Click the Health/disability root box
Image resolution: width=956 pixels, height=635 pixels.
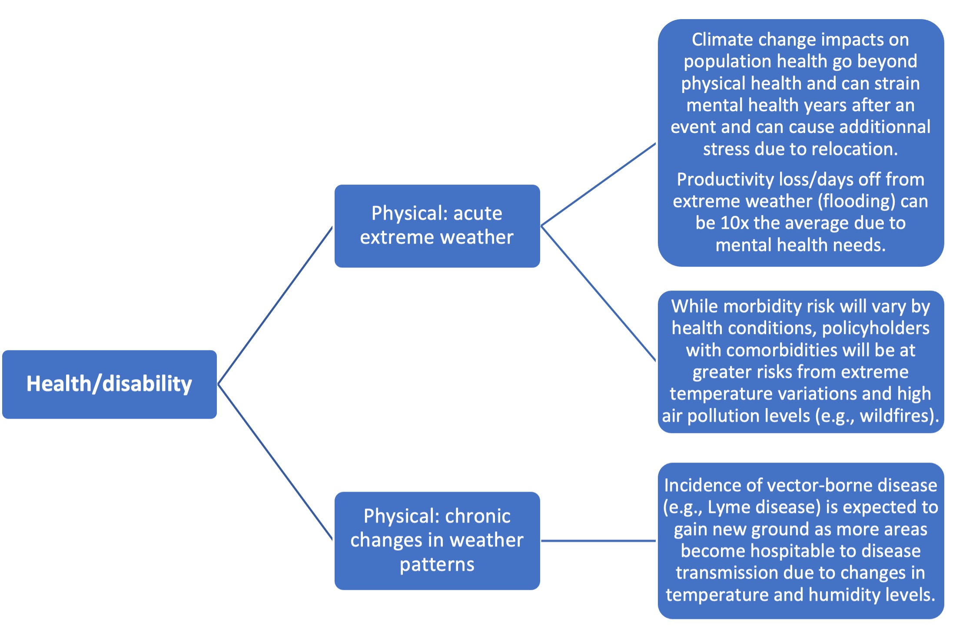click(110, 384)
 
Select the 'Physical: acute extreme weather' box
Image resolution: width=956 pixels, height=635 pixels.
click(437, 226)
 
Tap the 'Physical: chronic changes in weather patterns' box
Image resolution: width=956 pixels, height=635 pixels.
click(437, 541)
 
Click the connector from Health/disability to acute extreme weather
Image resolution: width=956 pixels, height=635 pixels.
click(275, 305)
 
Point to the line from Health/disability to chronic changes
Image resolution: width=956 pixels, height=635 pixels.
click(275, 462)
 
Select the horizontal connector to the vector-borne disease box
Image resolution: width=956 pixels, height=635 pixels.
click(598, 541)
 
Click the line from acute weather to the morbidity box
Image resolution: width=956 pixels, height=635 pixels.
click(598, 293)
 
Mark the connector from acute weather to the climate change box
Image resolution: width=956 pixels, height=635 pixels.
click(598, 184)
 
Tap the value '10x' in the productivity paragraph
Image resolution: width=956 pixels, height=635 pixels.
click(735, 223)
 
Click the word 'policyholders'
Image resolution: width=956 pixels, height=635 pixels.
click(876, 328)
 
